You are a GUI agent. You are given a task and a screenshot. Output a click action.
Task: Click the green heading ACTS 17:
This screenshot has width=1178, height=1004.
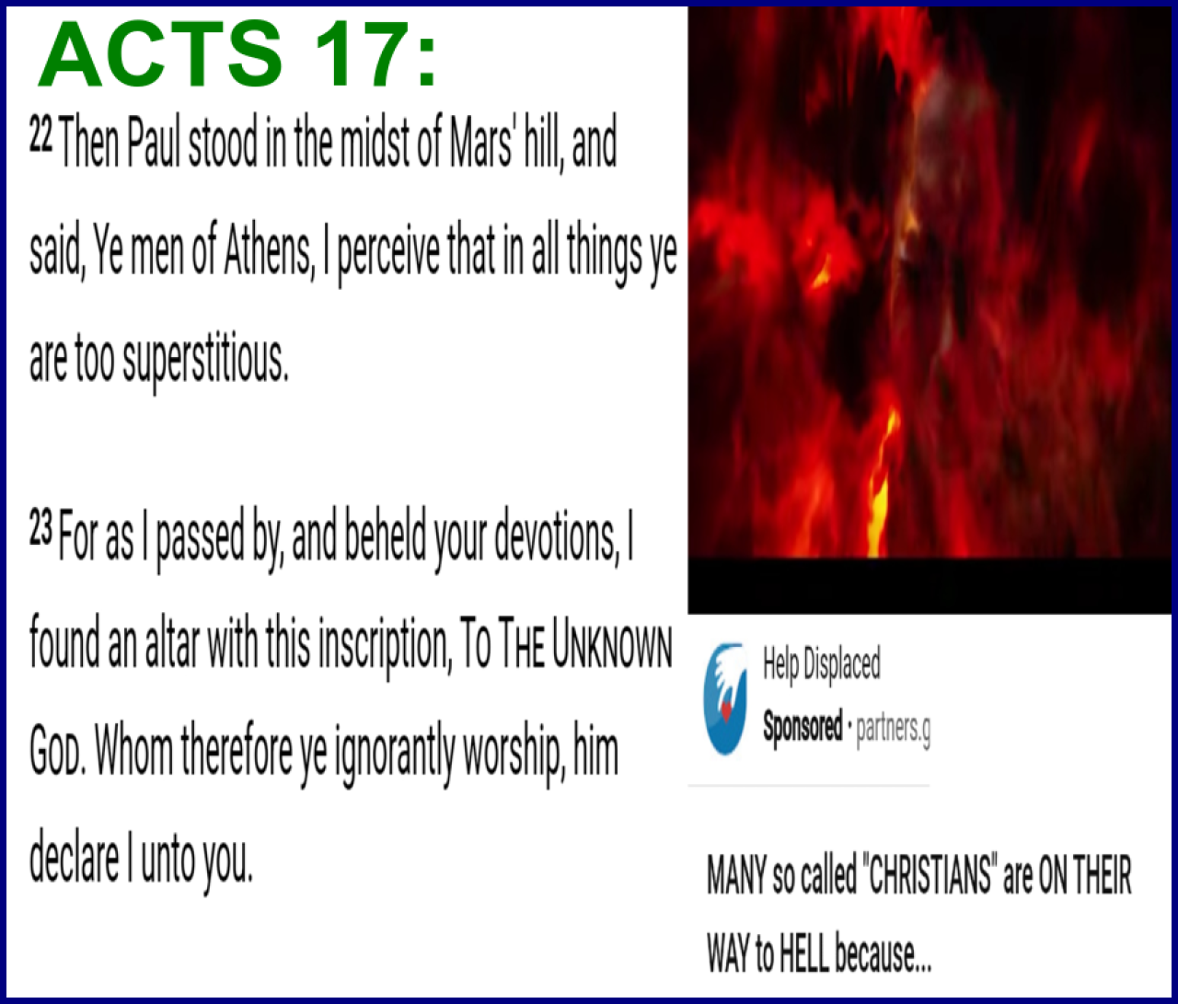(237, 53)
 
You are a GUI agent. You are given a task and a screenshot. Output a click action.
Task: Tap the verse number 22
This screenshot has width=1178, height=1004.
(40, 137)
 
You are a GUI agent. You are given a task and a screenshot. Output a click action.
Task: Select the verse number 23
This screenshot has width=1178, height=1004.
(40, 530)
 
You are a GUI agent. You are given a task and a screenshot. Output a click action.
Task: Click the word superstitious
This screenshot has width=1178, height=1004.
(204, 362)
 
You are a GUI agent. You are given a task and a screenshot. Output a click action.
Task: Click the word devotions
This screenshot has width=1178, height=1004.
(556, 537)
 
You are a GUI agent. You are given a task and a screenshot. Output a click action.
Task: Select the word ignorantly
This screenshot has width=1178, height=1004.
(394, 757)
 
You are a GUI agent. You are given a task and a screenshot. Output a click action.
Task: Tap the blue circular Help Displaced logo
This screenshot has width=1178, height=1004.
(725, 698)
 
